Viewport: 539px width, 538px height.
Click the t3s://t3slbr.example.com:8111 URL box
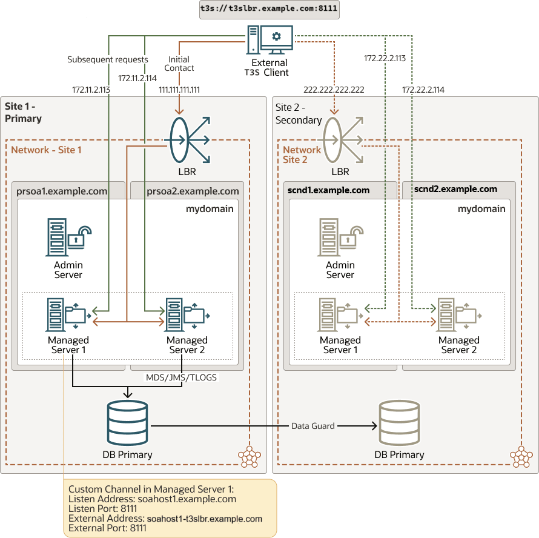tap(269, 10)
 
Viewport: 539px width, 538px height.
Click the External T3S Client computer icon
tap(269, 40)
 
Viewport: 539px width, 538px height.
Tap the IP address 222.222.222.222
tap(334, 90)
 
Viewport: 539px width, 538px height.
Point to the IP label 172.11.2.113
tap(91, 90)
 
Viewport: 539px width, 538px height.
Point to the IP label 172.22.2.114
tap(423, 90)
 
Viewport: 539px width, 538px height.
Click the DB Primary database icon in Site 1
tap(127, 423)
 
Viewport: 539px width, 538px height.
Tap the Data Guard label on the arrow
tap(313, 426)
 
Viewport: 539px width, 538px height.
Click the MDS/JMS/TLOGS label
tap(181, 377)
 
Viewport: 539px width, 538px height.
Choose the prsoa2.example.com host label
tap(193, 191)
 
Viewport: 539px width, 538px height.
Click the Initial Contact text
tap(179, 64)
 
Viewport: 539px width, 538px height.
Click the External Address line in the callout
tap(165, 519)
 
